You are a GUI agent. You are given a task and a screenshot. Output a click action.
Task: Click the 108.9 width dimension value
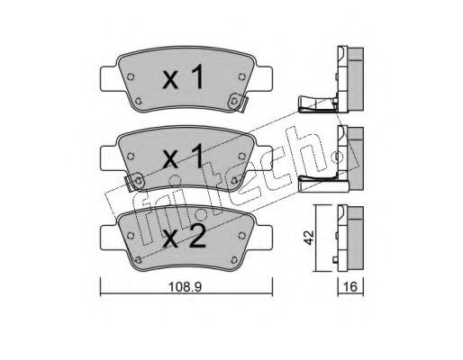[x=185, y=287]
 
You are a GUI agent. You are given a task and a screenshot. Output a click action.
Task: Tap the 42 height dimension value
[x=309, y=237]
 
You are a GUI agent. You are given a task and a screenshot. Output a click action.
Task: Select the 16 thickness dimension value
[x=350, y=287]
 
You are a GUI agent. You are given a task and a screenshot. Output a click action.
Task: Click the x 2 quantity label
[x=184, y=236]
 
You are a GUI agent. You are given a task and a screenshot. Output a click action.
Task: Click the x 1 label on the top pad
[x=183, y=77]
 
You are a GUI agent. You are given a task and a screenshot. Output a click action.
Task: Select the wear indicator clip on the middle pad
[x=134, y=182]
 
